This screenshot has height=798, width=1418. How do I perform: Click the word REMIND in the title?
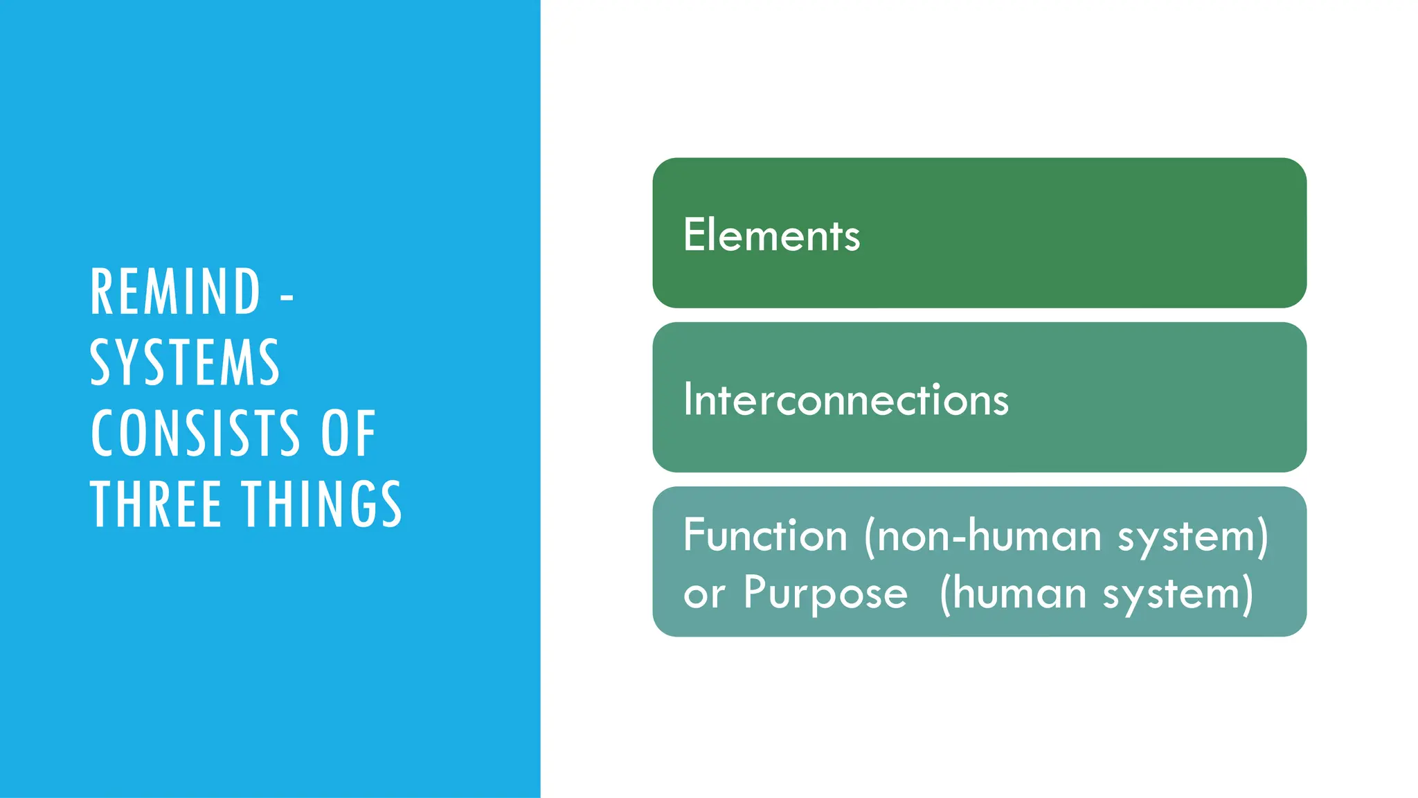coord(175,292)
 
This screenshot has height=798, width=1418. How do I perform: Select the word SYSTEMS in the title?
coord(185,362)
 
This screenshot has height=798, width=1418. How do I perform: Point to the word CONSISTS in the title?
coord(195,433)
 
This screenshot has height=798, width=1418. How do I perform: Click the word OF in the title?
coord(348,433)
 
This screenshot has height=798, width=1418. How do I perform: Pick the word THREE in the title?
coord(156,504)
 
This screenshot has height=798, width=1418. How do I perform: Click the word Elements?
coord(771,235)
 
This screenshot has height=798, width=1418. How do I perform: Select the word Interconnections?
coord(845,400)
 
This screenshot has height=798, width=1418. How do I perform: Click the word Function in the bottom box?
coord(765,535)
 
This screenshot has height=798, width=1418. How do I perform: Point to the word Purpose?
coord(825,593)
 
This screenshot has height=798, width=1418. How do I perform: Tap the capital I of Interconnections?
coord(688,400)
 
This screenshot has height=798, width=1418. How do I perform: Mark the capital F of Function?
coord(694,535)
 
